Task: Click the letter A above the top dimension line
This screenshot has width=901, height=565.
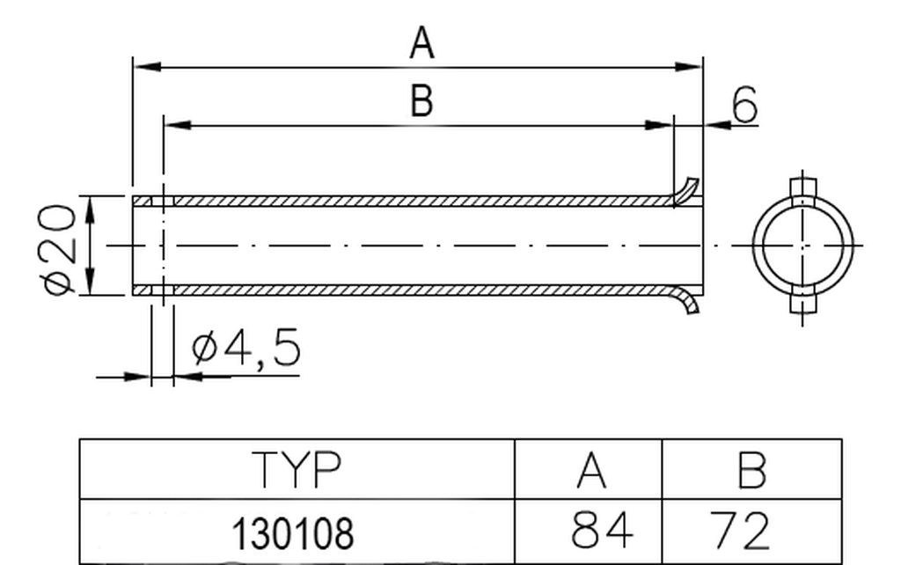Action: point(421,42)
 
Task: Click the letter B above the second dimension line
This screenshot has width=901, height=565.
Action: point(421,100)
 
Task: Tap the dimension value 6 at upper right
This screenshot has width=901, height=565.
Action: point(744,106)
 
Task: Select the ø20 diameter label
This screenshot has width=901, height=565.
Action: point(57,249)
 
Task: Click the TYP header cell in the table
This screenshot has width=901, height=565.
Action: point(296,470)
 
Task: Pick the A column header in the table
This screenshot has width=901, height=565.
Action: point(590,470)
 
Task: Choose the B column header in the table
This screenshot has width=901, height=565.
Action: point(751,470)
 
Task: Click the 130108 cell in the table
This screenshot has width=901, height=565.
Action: point(292,533)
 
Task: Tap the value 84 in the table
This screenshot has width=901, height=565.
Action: point(602,530)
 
